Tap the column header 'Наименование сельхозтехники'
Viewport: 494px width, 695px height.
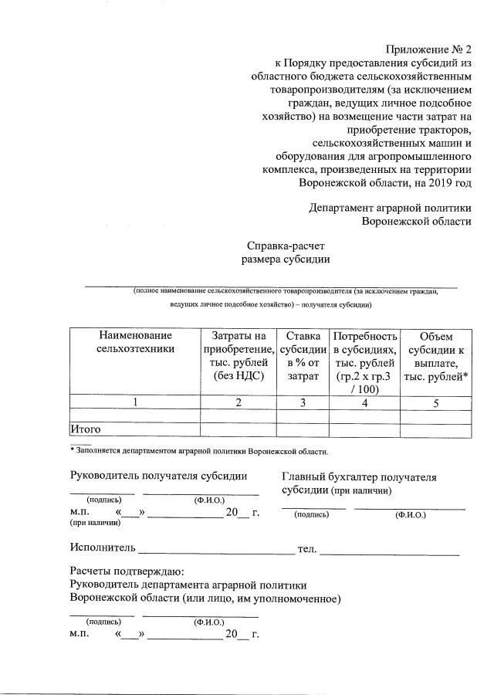(134, 343)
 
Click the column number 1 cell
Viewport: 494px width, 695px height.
(134, 402)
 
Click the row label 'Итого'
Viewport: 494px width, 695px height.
(86, 429)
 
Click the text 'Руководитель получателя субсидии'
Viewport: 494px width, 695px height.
(158, 477)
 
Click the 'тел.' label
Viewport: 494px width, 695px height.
(307, 548)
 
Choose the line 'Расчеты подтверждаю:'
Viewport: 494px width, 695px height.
(127, 571)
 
